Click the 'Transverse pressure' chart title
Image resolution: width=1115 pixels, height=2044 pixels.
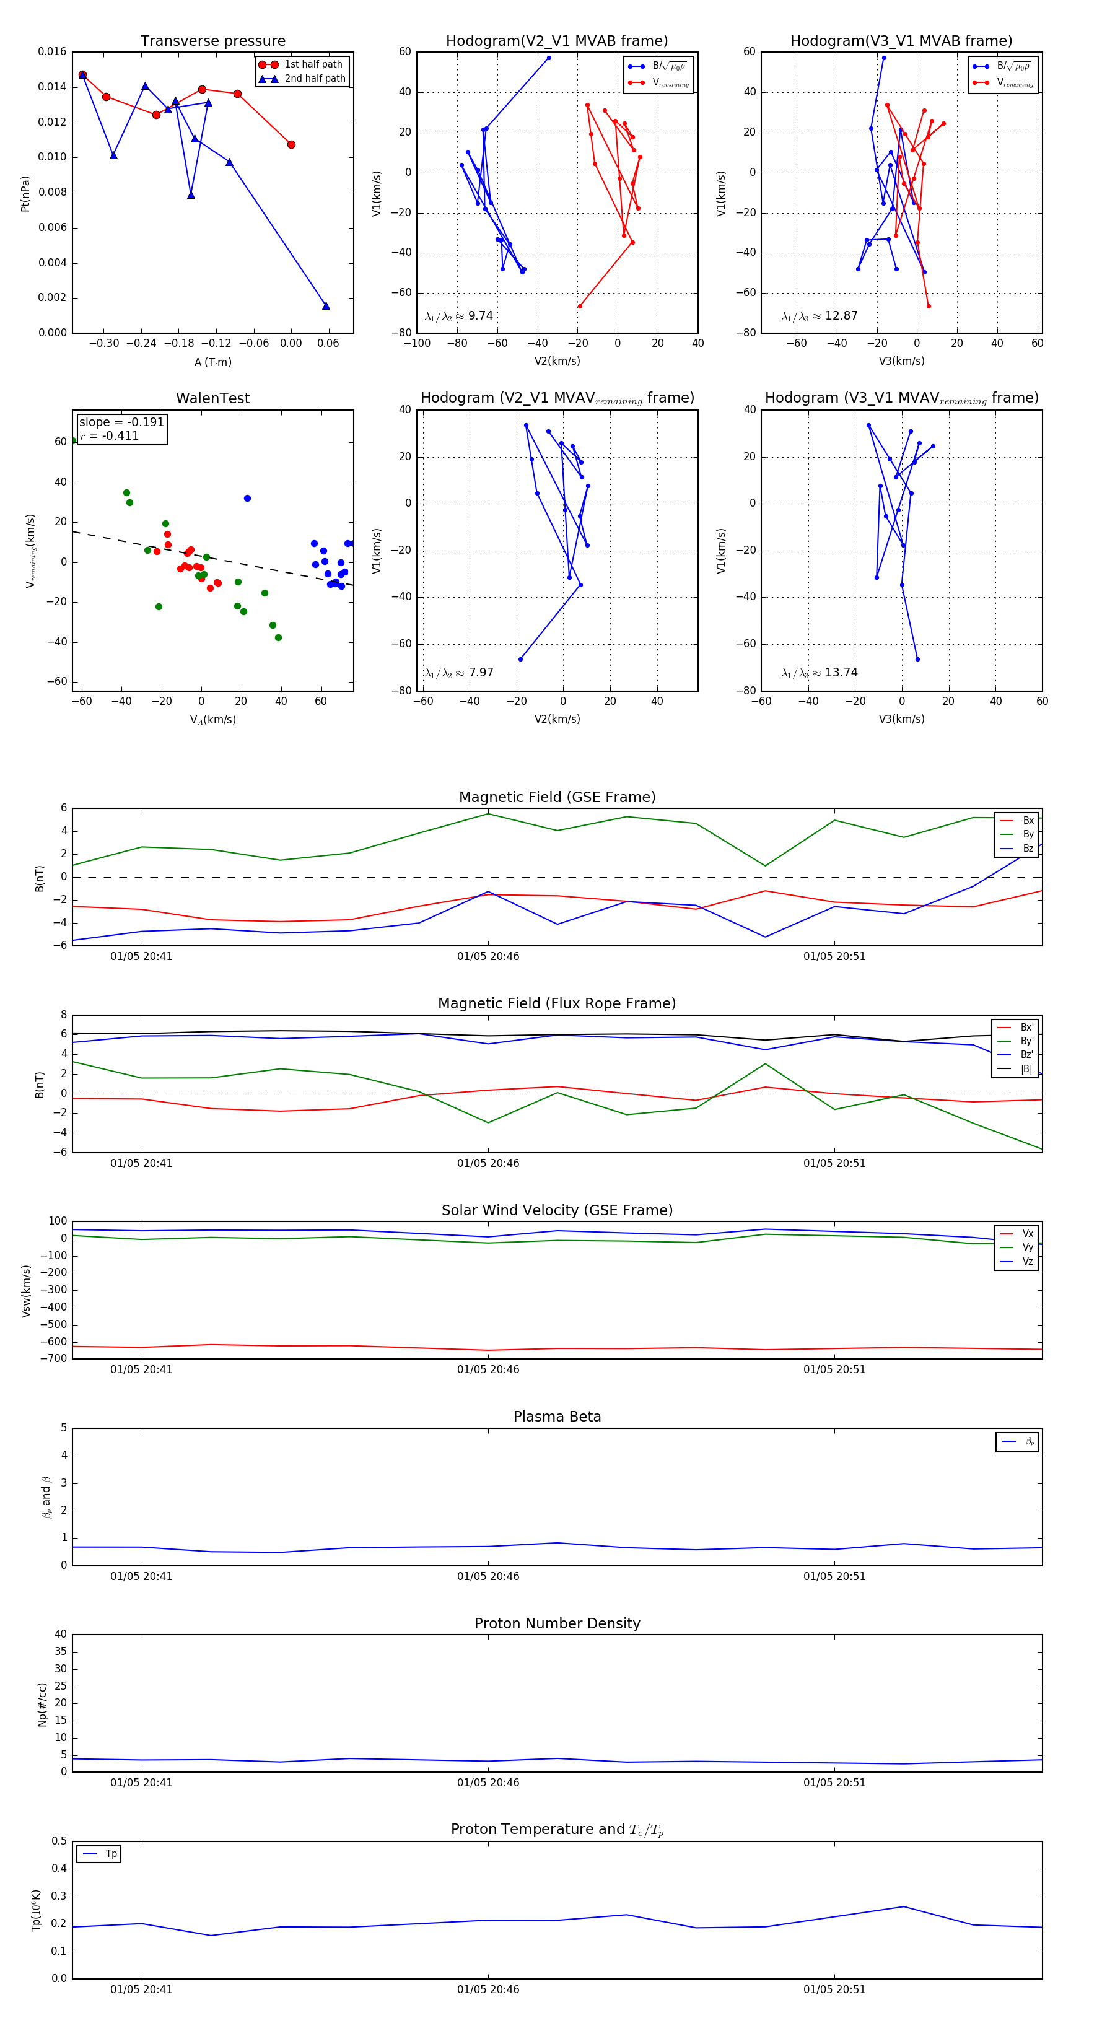click(212, 41)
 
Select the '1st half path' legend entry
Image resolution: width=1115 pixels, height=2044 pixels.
click(313, 64)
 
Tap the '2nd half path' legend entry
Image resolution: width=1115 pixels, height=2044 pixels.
click(314, 79)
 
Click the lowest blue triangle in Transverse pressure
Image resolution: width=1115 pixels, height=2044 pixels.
click(325, 305)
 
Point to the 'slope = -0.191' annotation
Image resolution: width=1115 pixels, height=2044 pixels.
click(121, 422)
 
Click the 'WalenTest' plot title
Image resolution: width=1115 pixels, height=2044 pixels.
click(212, 398)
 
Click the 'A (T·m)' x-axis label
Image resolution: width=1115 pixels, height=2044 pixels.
click(212, 362)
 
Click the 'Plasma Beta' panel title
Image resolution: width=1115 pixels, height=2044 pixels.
click(557, 1417)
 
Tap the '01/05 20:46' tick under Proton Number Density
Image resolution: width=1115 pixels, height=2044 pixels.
click(488, 1782)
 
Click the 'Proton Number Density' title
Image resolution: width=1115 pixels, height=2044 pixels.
click(557, 1623)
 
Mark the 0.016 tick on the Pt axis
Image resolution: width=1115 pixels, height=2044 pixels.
click(53, 51)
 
